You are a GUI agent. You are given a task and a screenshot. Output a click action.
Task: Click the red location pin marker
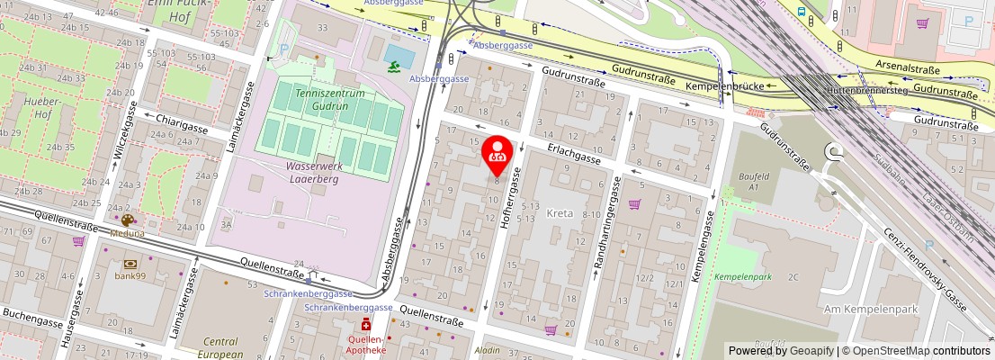[497, 154]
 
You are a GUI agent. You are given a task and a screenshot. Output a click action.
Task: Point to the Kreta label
[557, 213]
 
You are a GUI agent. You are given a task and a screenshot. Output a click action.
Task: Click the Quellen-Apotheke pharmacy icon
[366, 324]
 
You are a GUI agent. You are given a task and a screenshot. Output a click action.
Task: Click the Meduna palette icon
[127, 220]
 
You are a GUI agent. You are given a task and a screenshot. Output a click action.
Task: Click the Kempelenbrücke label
[725, 86]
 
